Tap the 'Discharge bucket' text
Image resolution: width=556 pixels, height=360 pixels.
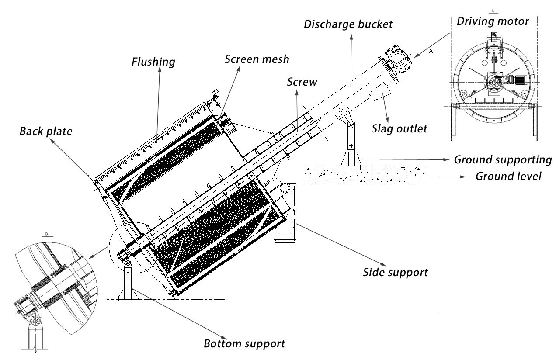coord(348,24)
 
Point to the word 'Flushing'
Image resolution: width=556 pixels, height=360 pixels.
coord(153,62)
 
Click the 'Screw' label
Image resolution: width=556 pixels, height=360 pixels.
coord(302,82)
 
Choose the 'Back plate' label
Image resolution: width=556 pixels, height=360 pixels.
coord(45,131)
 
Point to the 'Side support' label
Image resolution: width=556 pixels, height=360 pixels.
coord(395,272)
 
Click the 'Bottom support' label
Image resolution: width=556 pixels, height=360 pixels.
coord(244,343)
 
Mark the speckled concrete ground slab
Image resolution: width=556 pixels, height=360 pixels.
coord(365,174)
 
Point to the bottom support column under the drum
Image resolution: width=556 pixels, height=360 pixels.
coord(127,282)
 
